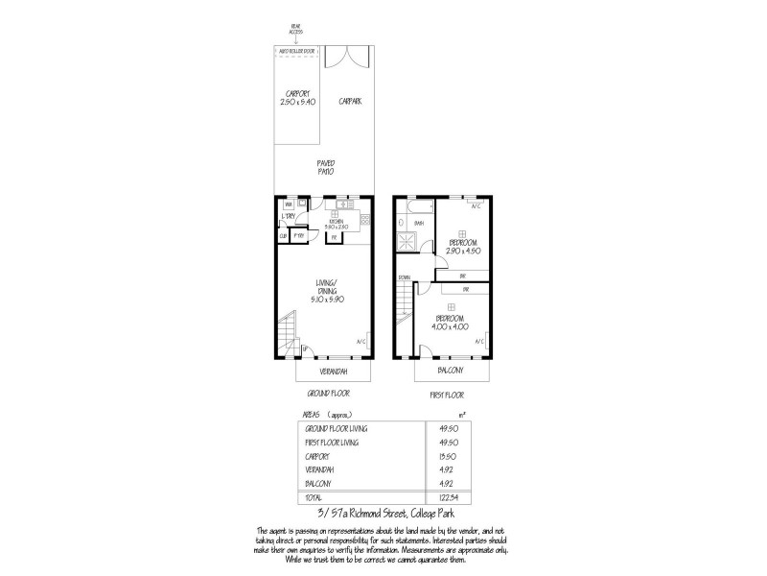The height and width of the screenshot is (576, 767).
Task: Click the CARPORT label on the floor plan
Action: pos(297,93)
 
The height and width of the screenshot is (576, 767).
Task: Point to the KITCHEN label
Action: pos(337,221)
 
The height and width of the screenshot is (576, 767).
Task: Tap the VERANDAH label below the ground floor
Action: pos(328,371)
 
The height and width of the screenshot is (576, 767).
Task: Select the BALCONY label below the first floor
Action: pos(452,371)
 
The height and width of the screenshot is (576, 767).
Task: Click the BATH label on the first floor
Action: pos(419,222)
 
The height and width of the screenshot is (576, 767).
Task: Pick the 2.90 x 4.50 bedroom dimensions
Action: pos(462,251)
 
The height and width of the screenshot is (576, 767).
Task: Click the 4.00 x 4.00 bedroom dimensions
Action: pos(452,326)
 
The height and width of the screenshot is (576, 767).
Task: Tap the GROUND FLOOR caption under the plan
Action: pos(328,394)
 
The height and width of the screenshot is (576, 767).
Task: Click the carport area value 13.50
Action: pos(446,457)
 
